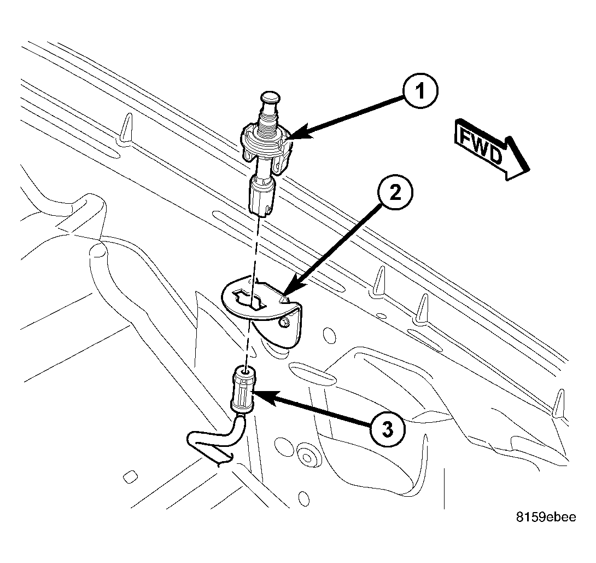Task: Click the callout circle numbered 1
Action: [418, 94]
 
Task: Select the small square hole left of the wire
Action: [129, 476]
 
